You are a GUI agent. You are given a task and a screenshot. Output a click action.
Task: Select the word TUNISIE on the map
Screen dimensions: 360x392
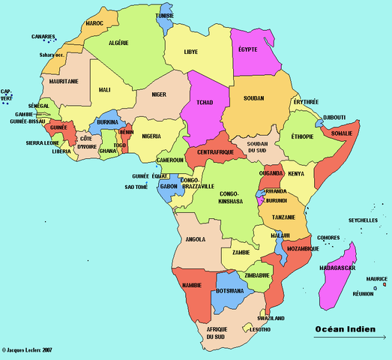165,16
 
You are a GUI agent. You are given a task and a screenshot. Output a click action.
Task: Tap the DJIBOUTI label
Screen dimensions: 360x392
334,117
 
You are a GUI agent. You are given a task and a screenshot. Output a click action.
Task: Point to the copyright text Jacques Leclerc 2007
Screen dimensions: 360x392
27,350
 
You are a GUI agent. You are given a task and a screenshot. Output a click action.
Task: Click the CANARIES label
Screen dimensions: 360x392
43,36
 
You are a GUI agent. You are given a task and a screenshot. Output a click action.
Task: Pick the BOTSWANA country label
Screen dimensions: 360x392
229,291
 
